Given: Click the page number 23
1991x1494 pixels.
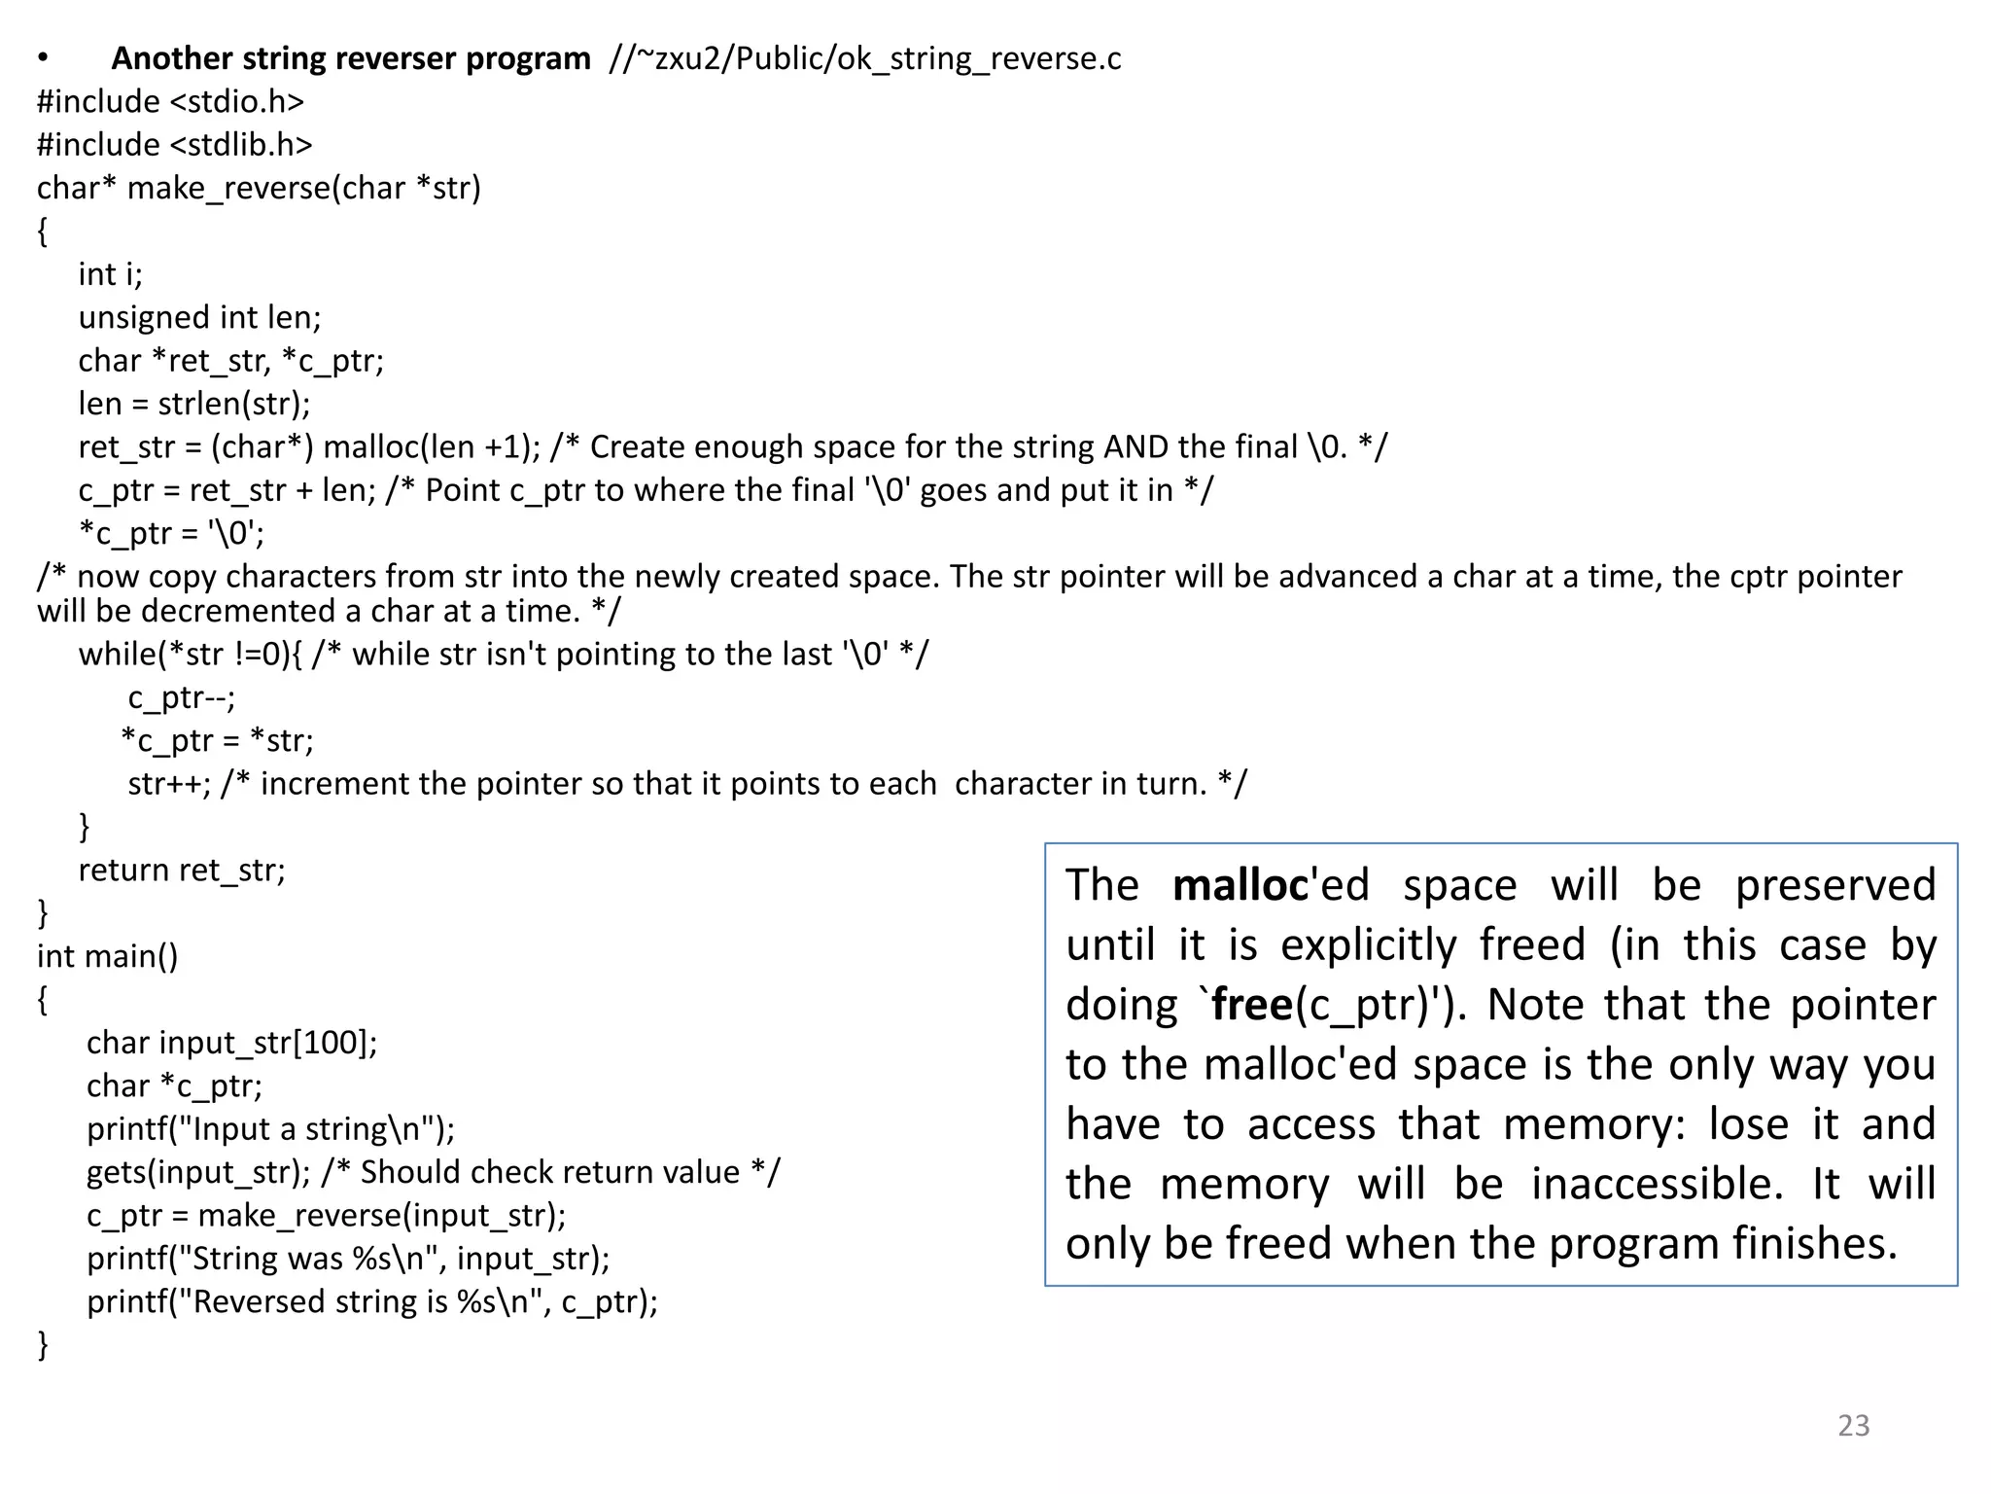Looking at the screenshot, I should tap(1853, 1425).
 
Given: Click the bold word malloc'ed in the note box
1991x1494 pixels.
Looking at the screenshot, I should tap(1271, 885).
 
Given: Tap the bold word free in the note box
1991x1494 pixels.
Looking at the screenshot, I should tap(1252, 1005).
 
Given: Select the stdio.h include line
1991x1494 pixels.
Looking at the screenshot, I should tap(170, 101).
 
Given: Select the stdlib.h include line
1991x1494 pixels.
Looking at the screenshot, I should tap(175, 145).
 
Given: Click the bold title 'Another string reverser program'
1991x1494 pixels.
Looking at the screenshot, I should tap(351, 58).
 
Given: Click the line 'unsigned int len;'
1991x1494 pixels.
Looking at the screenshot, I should tap(199, 317).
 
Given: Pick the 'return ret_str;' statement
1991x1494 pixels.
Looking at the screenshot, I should tap(182, 870).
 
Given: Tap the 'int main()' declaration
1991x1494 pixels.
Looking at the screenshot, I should tap(107, 956).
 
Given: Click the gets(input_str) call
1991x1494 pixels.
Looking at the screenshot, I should tap(197, 1172).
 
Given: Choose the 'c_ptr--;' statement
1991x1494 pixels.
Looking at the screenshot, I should tap(182, 697).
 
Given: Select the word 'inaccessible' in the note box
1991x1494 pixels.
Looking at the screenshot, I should tap(1657, 1185).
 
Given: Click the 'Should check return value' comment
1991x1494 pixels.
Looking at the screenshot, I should tap(549, 1172).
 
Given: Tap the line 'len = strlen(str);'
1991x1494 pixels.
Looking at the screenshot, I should tap(194, 404).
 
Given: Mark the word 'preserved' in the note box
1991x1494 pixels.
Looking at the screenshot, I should tap(1834, 885).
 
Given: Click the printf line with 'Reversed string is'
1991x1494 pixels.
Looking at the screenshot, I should tap(371, 1301).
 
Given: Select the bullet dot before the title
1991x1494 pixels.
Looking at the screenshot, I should tap(42, 58).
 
